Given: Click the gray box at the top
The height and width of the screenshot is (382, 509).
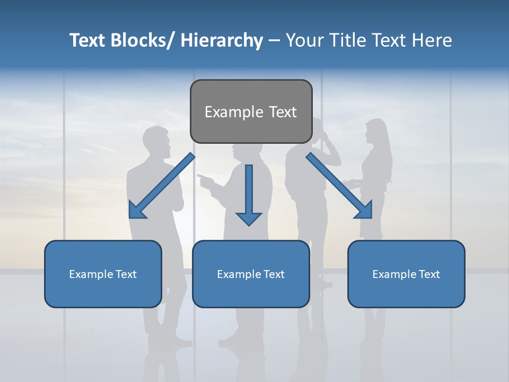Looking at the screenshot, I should pyautogui.click(x=251, y=111).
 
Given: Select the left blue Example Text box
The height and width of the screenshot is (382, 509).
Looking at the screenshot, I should pyautogui.click(x=102, y=274).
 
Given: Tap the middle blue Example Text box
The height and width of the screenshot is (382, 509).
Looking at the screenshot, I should pyautogui.click(x=250, y=274).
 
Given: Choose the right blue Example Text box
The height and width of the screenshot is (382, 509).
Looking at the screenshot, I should pyautogui.click(x=406, y=274).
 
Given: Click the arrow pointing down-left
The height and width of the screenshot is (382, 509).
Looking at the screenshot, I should pyautogui.click(x=162, y=186).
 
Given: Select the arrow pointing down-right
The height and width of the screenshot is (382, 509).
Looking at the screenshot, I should pyautogui.click(x=339, y=186).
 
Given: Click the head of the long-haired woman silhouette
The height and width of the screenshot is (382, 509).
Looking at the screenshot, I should pyautogui.click(x=375, y=132).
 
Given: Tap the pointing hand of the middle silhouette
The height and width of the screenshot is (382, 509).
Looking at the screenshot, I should pyautogui.click(x=204, y=179).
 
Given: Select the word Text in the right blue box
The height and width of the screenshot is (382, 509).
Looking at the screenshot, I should pyautogui.click(x=429, y=274).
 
